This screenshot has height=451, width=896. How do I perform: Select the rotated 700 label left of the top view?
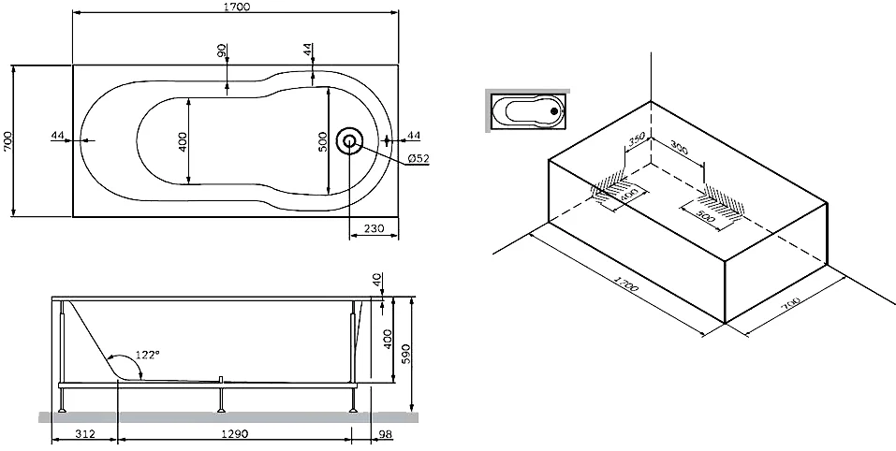coord(8,140)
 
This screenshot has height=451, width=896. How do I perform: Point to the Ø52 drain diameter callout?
coord(418,159)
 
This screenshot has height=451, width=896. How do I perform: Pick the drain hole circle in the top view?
coord(350,141)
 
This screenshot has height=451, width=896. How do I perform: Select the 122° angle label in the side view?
coord(148,354)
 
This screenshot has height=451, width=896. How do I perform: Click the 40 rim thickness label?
coord(376,281)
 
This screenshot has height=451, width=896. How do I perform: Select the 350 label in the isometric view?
coord(638,141)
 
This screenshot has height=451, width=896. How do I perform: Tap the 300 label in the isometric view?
coord(679,150)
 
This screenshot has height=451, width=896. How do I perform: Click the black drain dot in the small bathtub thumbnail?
coord(555,111)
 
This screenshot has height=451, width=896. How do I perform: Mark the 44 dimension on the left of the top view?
coord(58,136)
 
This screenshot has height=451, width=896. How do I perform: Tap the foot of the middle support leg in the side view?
coord(220,410)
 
